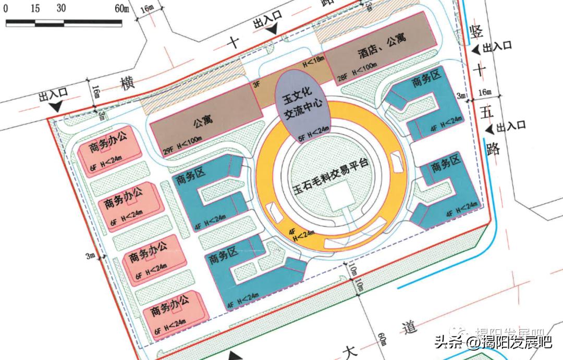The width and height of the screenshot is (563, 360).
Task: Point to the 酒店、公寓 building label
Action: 382,46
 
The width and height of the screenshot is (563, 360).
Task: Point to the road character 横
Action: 127,83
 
